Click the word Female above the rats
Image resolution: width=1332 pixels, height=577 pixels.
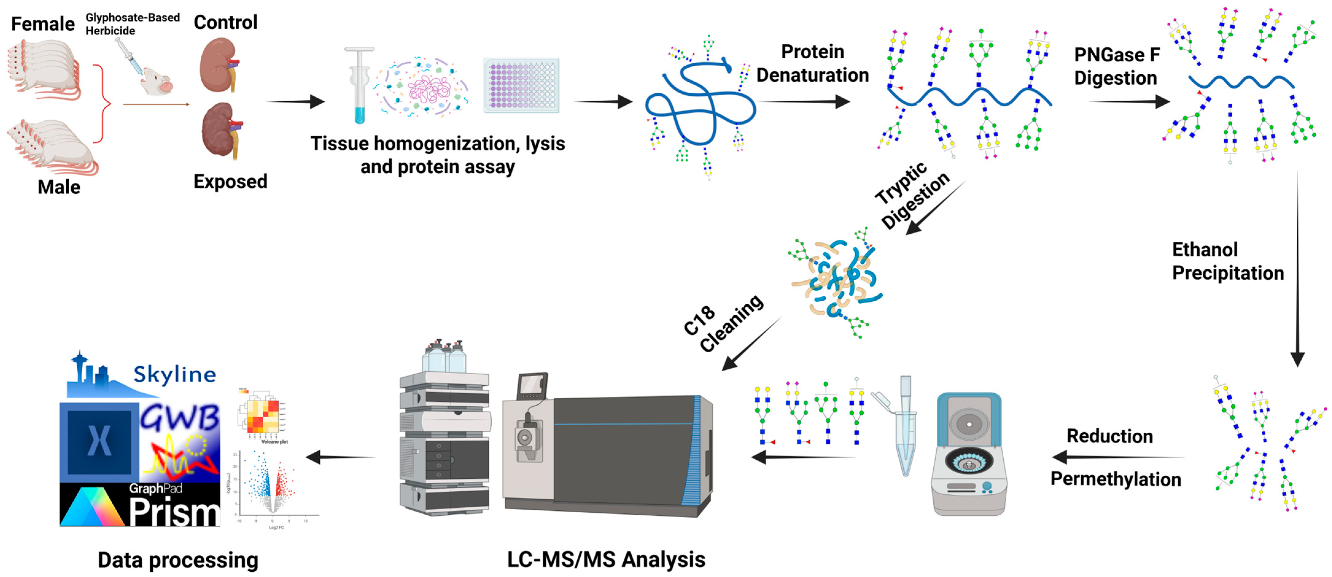[43, 24]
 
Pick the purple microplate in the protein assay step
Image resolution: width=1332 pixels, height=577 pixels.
[521, 85]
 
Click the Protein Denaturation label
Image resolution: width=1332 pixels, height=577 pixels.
[812, 63]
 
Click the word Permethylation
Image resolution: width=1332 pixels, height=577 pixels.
[1115, 479]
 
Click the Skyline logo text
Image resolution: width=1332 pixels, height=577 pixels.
[174, 374]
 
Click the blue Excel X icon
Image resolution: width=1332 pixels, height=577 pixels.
[99, 441]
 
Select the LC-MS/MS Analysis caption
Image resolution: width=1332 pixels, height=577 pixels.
[606, 560]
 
